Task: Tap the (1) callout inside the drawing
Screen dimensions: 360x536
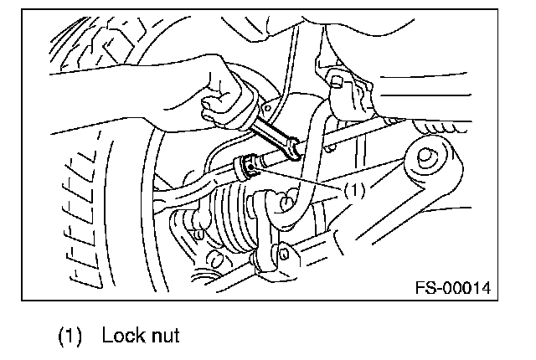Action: [353, 190]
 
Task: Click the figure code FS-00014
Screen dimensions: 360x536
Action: [451, 289]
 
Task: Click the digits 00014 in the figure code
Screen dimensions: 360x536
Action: [466, 289]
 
